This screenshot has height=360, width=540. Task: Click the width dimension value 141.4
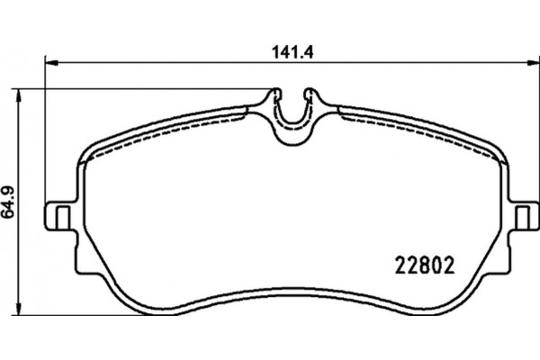(285, 52)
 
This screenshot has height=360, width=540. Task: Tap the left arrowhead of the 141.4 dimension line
(50, 62)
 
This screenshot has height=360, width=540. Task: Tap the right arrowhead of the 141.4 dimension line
(526, 62)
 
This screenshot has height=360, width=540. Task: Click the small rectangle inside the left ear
(62, 217)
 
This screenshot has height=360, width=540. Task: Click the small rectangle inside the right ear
(519, 217)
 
